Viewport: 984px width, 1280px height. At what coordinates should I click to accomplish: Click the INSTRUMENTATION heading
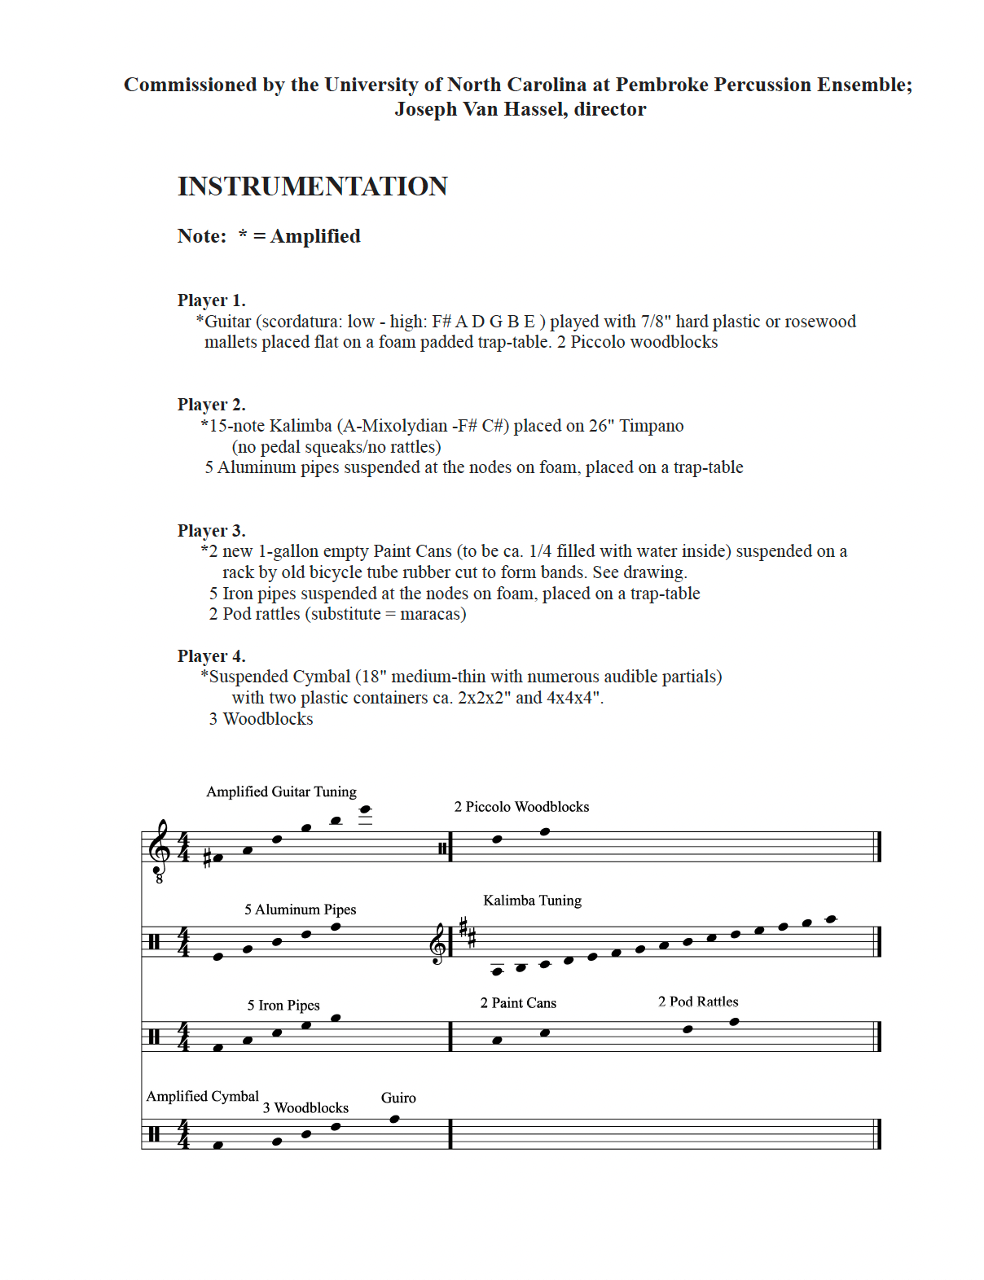[312, 186]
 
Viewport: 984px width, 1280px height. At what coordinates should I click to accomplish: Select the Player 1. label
[211, 300]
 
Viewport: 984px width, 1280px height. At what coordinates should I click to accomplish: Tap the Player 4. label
[211, 656]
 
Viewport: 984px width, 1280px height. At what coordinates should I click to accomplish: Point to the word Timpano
[652, 426]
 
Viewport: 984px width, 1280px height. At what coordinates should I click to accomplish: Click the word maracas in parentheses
[430, 614]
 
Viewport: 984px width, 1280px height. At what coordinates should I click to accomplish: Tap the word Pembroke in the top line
[657, 85]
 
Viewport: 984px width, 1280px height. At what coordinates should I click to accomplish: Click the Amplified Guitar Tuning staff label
[281, 791]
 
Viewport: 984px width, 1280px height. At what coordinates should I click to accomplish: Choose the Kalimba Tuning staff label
[532, 901]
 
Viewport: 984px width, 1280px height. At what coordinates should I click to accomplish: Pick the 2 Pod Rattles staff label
[698, 1002]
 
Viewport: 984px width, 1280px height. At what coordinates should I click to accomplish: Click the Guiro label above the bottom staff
[398, 1098]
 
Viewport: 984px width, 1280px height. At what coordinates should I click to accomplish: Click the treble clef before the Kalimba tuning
[439, 945]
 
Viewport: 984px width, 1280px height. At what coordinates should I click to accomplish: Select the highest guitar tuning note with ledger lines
[366, 810]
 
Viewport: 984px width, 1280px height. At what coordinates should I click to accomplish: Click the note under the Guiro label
[395, 1119]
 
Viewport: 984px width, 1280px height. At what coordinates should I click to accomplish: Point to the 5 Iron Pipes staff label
[283, 1006]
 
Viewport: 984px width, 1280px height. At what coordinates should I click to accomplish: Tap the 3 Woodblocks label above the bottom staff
[305, 1108]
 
